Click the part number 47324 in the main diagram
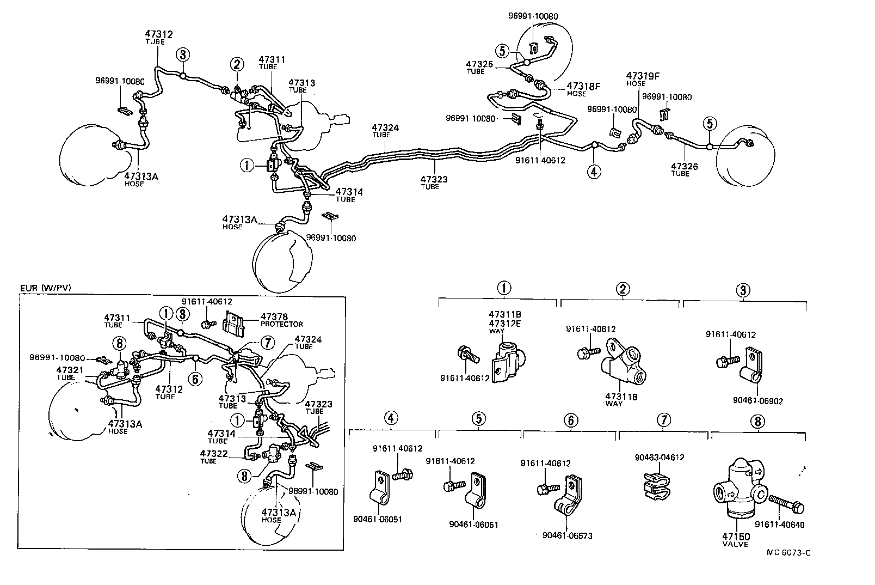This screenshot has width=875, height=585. [385, 128]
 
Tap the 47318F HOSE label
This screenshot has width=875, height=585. [583, 89]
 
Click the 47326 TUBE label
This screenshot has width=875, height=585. [684, 169]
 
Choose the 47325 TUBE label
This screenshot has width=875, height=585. [480, 67]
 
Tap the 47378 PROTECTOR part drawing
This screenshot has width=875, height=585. [236, 323]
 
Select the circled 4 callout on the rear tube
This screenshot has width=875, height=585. [594, 172]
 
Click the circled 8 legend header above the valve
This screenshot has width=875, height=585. [757, 421]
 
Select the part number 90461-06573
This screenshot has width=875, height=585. [567, 535]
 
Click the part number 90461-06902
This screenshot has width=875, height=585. [757, 400]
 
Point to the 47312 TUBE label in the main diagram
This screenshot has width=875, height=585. [158, 37]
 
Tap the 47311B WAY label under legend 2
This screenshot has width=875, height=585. [621, 399]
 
